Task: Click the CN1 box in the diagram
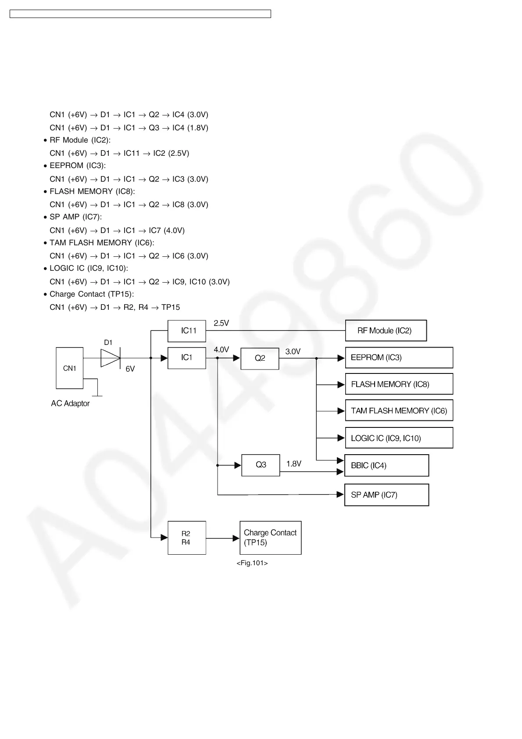(69, 368)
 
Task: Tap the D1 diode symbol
(111, 358)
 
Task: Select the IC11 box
(187, 331)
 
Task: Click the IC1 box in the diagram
(187, 358)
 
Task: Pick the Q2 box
(260, 358)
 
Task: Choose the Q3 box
(261, 465)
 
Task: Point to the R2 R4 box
(186, 538)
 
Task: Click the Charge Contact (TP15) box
(270, 538)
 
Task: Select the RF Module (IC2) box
(386, 330)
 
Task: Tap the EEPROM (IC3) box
(399, 358)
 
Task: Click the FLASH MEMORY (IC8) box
(399, 384)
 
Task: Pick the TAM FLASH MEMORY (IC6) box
(399, 411)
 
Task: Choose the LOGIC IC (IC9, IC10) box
(399, 438)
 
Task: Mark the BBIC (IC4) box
(386, 465)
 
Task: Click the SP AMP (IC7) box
(386, 495)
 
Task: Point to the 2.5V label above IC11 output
(221, 323)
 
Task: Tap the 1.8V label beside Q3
(293, 464)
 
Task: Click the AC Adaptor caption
(70, 403)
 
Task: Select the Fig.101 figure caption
(252, 563)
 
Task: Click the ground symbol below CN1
(97, 395)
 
